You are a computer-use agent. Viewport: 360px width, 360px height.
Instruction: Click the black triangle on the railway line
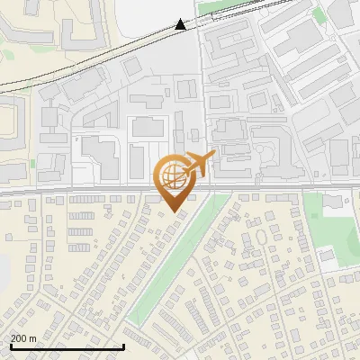pyautogui.click(x=181, y=24)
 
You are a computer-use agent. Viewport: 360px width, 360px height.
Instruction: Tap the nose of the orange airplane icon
pyautogui.click(x=215, y=155)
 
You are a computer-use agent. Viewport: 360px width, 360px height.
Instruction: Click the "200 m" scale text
pyautogui.click(x=23, y=338)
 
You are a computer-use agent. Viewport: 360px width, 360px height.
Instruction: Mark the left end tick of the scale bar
pyautogui.click(x=10, y=346)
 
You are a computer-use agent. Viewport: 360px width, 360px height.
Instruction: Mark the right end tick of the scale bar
pyautogui.click(x=123, y=346)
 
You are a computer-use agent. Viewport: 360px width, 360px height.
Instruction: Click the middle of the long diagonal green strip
pyautogui.click(x=175, y=256)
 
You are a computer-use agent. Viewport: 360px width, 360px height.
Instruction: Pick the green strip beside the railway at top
pyautogui.click(x=225, y=11)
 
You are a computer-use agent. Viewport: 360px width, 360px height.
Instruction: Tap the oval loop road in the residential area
pyautogui.click(x=261, y=238)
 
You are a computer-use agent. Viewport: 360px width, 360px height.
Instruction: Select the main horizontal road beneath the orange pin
pyautogui.click(x=108, y=191)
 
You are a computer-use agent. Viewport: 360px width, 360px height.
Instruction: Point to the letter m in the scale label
pyautogui.click(x=32, y=338)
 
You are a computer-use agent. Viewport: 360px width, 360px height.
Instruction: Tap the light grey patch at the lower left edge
pyautogui.click(x=4, y=270)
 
